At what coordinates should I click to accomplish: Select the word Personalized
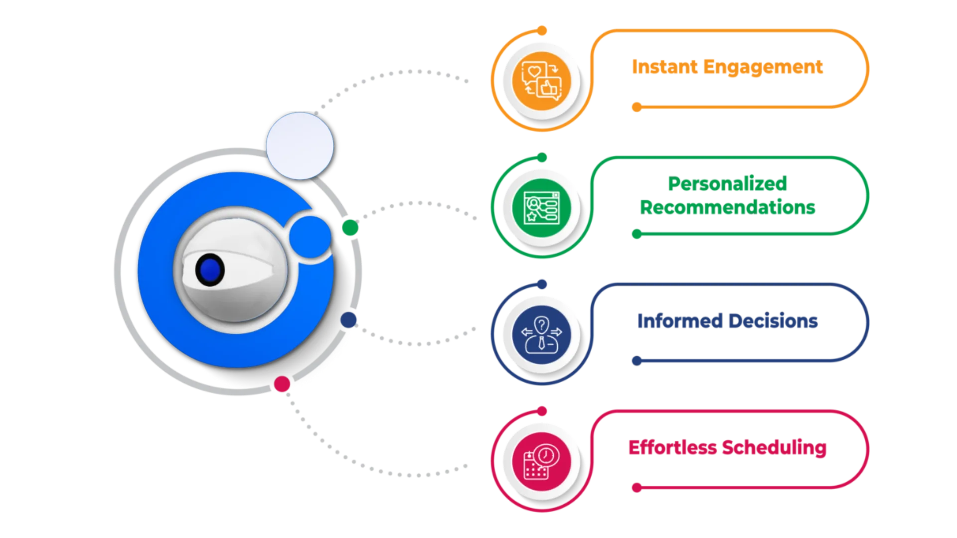[x=727, y=183]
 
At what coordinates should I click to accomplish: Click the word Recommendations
[x=727, y=207]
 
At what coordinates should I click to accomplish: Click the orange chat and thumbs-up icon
[x=541, y=80]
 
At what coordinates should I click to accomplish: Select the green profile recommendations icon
[x=541, y=207]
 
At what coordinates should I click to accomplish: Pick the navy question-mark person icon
[x=541, y=334]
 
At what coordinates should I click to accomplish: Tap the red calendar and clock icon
[x=541, y=461]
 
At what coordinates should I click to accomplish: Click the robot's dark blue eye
[x=210, y=270]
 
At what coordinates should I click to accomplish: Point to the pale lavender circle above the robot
[x=300, y=145]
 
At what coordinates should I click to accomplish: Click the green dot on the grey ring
[x=350, y=228]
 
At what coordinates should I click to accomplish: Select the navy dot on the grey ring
[x=348, y=320]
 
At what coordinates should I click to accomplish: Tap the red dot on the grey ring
[x=282, y=384]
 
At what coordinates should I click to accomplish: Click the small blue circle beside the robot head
[x=310, y=237]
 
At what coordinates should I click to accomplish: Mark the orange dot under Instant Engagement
[x=637, y=107]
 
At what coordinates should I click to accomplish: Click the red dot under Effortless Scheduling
[x=637, y=488]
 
